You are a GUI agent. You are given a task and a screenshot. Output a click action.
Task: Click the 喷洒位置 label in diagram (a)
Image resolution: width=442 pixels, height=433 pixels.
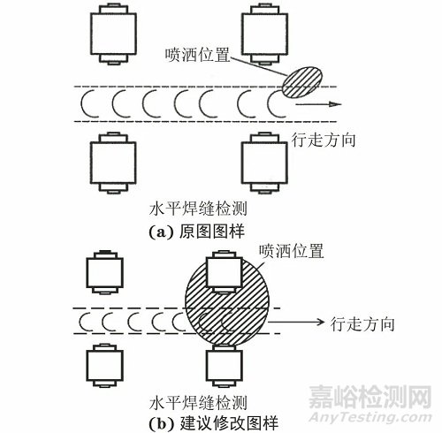point(197,55)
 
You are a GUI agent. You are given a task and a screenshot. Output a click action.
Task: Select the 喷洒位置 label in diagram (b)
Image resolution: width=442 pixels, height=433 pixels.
point(292,251)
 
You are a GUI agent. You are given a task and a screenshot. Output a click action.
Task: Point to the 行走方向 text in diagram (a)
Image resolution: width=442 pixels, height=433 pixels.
point(324,140)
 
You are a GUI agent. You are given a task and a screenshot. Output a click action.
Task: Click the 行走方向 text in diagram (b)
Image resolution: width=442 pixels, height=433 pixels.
point(362,323)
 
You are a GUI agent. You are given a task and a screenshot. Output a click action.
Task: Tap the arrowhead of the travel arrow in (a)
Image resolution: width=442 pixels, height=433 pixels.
point(335,104)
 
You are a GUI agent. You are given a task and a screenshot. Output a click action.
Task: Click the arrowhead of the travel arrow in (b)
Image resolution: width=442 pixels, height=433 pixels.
point(320,322)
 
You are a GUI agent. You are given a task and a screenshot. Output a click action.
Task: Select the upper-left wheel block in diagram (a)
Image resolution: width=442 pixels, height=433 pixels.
point(113,34)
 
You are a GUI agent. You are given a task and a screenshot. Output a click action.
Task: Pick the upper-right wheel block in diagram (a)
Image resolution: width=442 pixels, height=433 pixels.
point(264,34)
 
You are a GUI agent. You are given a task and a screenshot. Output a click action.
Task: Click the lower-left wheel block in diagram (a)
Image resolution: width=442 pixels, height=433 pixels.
point(113,163)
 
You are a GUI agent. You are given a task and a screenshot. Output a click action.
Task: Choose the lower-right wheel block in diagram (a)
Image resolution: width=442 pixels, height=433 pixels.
point(264,163)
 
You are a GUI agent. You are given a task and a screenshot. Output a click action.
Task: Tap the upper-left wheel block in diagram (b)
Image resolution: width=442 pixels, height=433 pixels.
point(104,272)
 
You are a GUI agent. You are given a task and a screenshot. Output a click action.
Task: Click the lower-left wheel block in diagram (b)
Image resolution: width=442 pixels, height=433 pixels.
point(104,365)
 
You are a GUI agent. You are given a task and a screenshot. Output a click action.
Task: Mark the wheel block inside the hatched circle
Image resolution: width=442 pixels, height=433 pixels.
point(225,271)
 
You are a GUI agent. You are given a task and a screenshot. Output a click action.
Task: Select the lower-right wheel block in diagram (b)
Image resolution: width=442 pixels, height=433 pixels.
point(225,365)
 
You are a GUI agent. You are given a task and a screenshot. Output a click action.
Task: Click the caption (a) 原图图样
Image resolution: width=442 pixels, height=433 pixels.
point(196,232)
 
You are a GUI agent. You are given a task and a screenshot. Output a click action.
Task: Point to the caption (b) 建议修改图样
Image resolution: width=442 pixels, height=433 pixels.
point(213,423)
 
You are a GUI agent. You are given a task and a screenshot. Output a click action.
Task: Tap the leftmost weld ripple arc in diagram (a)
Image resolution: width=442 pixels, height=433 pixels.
point(86,104)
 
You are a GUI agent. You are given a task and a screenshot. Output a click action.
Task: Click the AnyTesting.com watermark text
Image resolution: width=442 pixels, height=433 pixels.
point(370,417)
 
